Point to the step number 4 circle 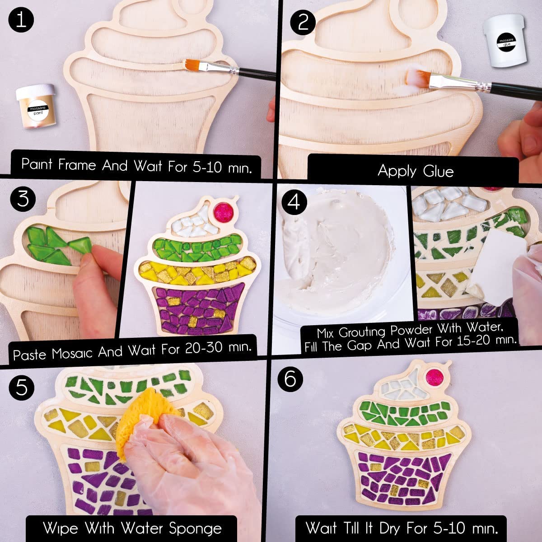coord(294,202)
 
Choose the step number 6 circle coord(290,378)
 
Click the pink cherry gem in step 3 coord(221,211)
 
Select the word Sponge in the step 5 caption coord(195,528)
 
